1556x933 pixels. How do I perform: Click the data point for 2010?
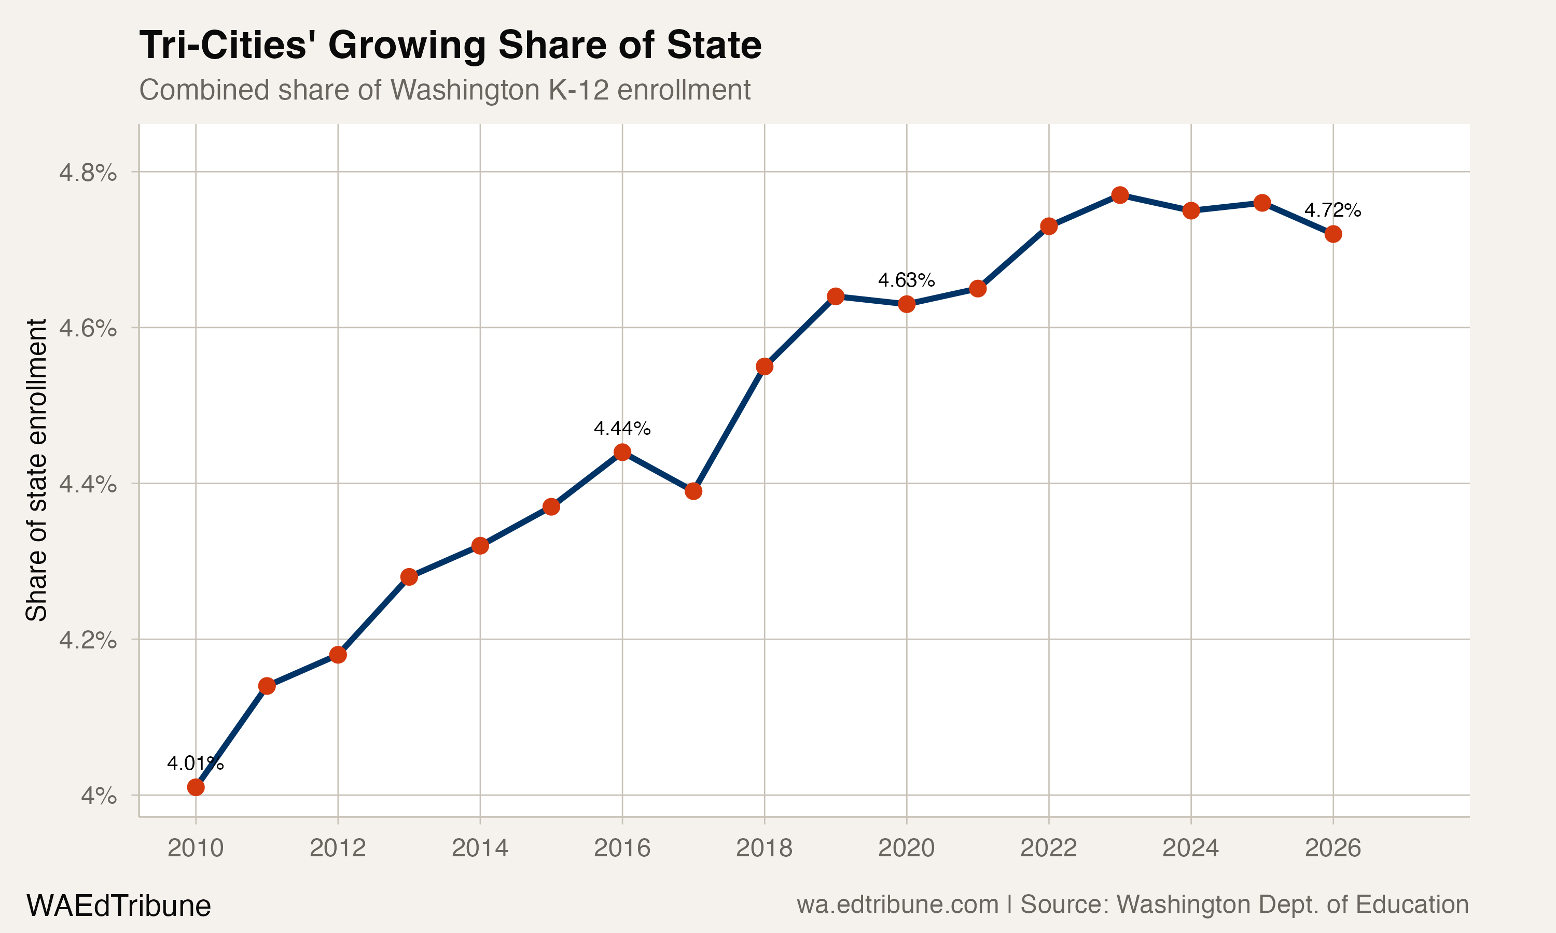coord(196,787)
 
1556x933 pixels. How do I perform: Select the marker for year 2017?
coord(693,491)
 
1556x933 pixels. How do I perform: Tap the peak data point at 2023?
coord(1119,195)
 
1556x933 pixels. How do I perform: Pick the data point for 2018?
coord(764,366)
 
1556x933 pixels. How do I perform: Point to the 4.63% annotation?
coord(906,280)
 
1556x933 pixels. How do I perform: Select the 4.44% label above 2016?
coord(621,429)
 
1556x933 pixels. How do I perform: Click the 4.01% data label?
coord(195,764)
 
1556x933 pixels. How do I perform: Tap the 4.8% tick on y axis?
coord(88,172)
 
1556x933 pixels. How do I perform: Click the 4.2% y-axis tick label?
coord(88,640)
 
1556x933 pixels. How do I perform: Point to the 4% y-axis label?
coord(98,796)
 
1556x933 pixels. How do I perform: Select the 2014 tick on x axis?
coord(480,848)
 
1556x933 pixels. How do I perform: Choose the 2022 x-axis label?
coord(1048,848)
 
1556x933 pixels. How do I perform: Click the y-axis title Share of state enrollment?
coord(36,470)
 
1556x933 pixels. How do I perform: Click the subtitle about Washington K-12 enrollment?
coord(444,90)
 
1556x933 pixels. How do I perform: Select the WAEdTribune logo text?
coord(118,906)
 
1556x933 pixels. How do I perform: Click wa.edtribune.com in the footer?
coord(897,904)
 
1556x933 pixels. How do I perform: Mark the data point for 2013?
coord(409,576)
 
